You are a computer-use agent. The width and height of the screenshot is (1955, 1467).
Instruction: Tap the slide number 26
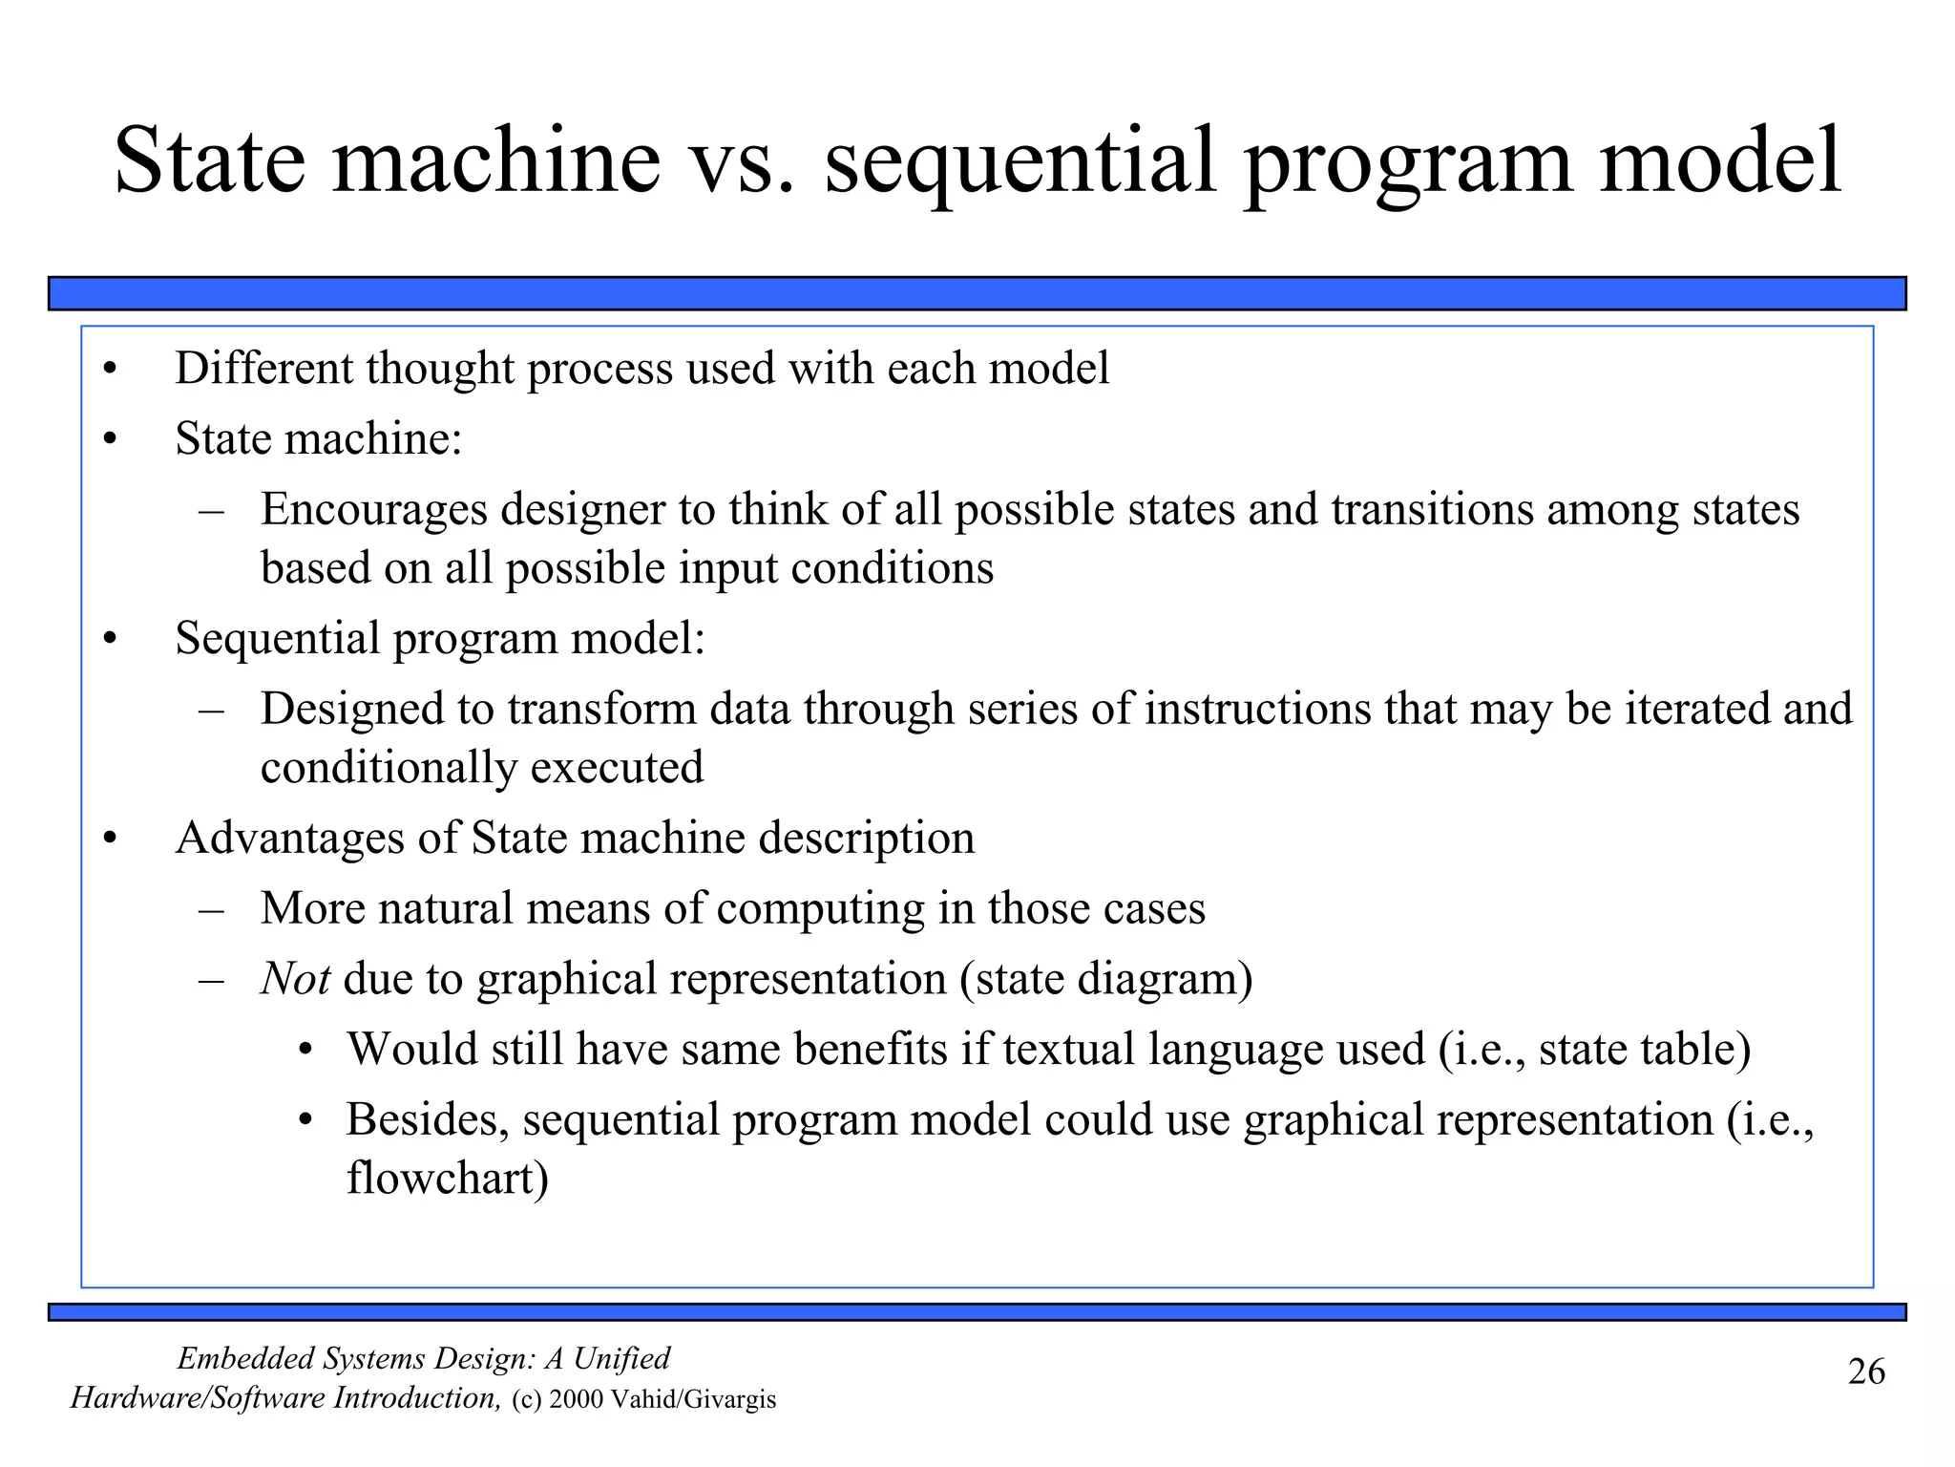point(1866,1372)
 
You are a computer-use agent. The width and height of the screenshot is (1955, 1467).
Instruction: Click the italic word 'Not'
point(295,979)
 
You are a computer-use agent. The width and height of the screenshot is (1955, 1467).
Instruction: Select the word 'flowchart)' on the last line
point(447,1178)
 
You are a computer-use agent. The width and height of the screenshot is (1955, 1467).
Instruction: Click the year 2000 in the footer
point(577,1400)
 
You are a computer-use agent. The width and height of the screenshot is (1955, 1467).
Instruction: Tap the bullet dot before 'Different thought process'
point(110,371)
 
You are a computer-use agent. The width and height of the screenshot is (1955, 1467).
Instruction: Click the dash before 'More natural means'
point(211,908)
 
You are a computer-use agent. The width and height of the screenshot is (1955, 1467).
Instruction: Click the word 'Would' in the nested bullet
point(411,1049)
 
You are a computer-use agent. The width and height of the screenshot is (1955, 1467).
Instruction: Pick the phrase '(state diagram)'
point(1105,979)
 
